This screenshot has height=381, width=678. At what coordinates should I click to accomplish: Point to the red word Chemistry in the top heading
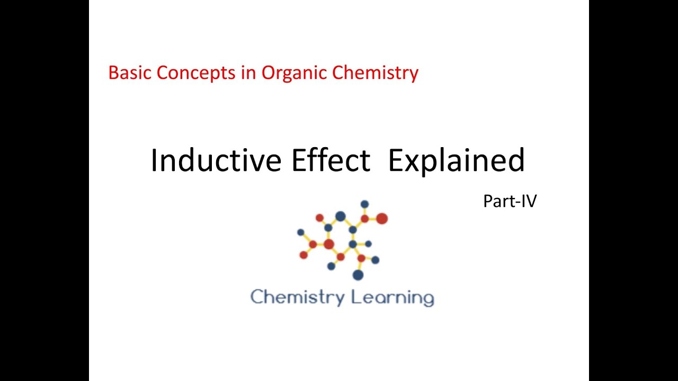tap(375, 72)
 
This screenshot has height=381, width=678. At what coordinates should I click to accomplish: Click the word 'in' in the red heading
tap(249, 72)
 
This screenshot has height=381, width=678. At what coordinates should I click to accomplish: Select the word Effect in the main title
tap(330, 160)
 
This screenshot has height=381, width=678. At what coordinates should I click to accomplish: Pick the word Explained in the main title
tap(456, 160)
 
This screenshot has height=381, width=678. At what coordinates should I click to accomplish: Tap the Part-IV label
tap(510, 201)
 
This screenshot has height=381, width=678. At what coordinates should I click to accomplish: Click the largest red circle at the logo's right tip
tap(381, 219)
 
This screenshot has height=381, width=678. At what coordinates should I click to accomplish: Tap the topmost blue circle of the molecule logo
tap(364, 204)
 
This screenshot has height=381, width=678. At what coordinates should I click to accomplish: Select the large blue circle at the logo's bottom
tap(358, 275)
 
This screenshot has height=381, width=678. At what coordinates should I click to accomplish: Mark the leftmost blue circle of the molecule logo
tap(300, 232)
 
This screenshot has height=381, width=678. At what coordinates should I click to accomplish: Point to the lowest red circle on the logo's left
tap(304, 255)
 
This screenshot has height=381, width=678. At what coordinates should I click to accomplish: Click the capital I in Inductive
tap(154, 160)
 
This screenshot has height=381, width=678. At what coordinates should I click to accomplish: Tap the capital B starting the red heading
tap(112, 72)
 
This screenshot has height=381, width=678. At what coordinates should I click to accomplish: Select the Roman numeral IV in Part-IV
tap(528, 201)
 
